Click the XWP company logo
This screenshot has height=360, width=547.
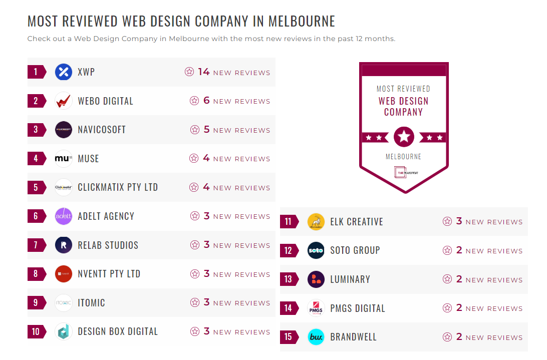pos(64,72)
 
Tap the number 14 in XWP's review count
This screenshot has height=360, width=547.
pos(203,72)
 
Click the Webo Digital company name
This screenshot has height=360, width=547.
pos(105,101)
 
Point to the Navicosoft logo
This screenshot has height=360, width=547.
pos(64,130)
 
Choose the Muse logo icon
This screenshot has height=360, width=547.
pos(64,159)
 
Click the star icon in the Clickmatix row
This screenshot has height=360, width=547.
pos(194,188)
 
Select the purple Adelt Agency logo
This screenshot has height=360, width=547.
pos(64,216)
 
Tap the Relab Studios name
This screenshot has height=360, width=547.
pos(108,245)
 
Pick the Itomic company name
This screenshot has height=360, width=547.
pos(91,303)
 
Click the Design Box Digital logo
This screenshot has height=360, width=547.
pos(64,331)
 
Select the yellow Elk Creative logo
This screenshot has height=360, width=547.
pos(316,222)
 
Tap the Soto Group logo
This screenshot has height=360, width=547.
pos(316,250)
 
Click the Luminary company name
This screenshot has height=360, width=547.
pos(350,279)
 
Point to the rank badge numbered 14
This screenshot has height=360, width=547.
pos(289,308)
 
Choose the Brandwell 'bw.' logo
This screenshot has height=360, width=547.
pos(316,337)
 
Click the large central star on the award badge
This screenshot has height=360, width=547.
pos(404,137)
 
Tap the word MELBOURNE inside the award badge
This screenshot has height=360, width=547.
pos(403,157)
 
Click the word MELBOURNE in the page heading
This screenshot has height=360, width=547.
pos(302,22)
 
